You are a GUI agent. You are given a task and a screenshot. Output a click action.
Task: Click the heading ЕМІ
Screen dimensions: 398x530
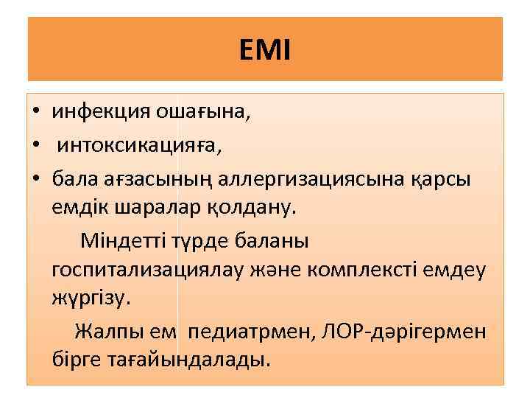[x=265, y=50]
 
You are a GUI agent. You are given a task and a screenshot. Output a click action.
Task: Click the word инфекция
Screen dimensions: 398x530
[x=100, y=112]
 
